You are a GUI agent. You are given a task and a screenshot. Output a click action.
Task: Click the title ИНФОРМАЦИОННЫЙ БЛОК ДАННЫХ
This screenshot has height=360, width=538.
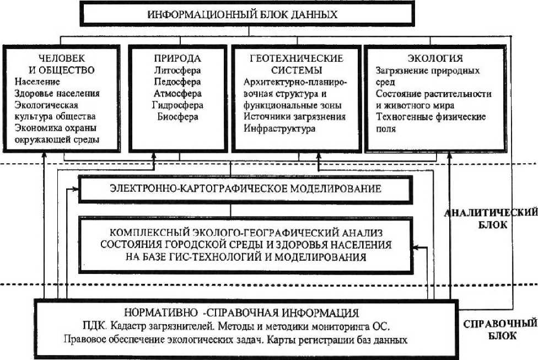coord(242,14)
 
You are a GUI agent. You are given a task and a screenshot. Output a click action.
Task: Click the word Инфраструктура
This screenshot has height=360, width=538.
coord(279,128)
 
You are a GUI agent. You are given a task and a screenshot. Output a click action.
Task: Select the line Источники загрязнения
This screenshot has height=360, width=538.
coord(294,117)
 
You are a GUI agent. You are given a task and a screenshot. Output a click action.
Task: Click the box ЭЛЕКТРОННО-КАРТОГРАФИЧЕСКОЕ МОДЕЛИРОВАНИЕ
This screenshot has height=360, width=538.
coord(245,189)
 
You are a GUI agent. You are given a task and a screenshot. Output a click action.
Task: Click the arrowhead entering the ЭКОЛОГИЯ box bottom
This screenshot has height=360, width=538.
coord(451,157)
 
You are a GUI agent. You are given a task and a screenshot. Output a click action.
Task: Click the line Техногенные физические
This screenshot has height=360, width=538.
coord(430,117)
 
